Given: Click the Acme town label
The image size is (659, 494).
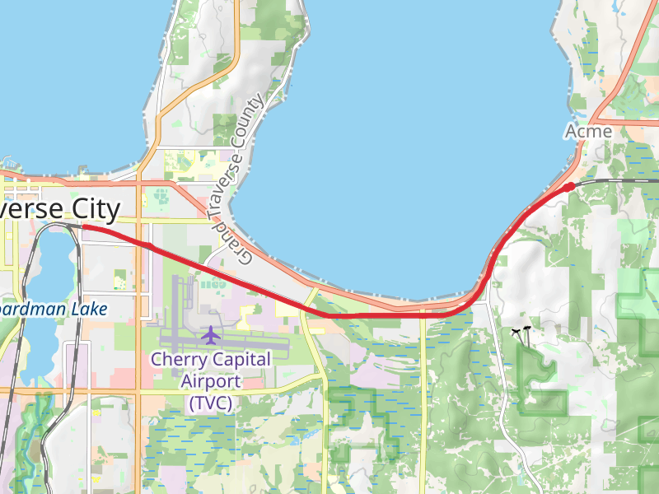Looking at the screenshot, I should (588, 132).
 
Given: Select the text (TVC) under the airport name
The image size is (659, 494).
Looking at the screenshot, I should (210, 403).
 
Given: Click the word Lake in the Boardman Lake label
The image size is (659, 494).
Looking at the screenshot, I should (88, 309).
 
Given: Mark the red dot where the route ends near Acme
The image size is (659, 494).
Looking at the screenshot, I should (568, 187).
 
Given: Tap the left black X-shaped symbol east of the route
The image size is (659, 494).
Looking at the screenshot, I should (516, 332).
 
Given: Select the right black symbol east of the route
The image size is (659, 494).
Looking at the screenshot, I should (526, 330).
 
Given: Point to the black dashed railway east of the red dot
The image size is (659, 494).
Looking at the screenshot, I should (618, 179).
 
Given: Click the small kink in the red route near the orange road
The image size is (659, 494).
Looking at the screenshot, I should (150, 245).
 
